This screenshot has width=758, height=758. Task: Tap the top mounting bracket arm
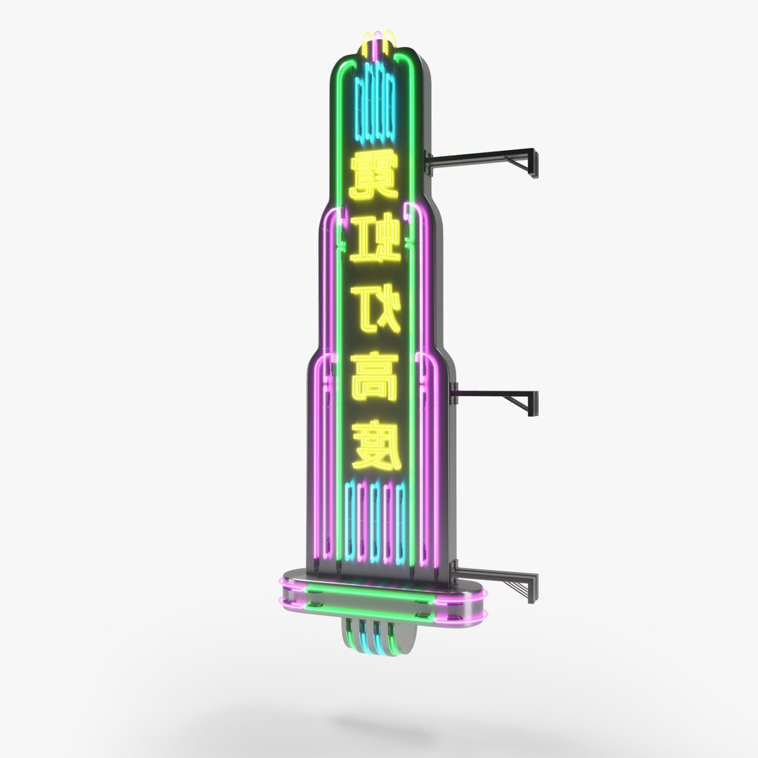484,154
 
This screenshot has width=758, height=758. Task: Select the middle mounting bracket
495,396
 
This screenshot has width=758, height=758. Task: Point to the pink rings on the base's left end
288,597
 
